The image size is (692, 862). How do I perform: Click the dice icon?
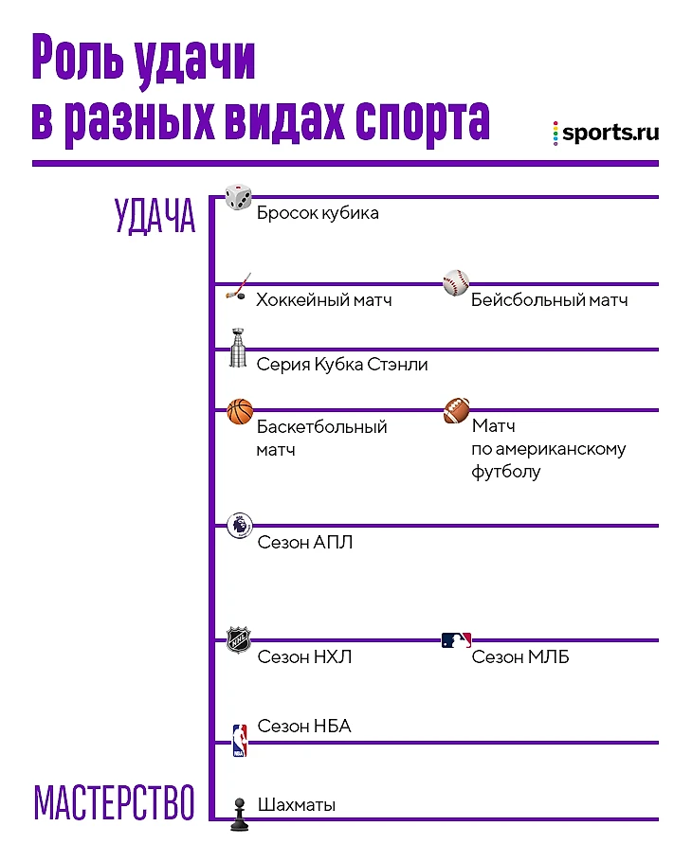click(238, 197)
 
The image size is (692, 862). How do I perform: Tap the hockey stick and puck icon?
click(239, 286)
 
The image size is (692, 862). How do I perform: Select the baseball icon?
click(456, 282)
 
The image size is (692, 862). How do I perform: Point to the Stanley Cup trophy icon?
click(238, 348)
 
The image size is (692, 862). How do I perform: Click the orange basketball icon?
click(240, 412)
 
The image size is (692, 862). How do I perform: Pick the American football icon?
click(457, 411)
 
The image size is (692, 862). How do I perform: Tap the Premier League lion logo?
click(240, 526)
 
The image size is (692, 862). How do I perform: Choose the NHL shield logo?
click(239, 640)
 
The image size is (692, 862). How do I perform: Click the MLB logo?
click(457, 640)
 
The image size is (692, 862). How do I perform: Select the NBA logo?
click(239, 741)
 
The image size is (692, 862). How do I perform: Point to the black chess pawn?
click(239, 815)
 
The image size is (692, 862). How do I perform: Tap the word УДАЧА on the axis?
click(155, 216)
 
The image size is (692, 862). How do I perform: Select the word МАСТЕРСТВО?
click(115, 802)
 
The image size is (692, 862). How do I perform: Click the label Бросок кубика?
click(318, 213)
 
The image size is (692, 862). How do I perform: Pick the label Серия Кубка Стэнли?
click(342, 365)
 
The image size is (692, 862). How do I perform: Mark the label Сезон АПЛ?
click(305, 543)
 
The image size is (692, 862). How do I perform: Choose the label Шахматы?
click(297, 805)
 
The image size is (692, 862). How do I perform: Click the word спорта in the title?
click(423, 119)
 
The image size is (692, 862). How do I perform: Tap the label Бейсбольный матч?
click(550, 300)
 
